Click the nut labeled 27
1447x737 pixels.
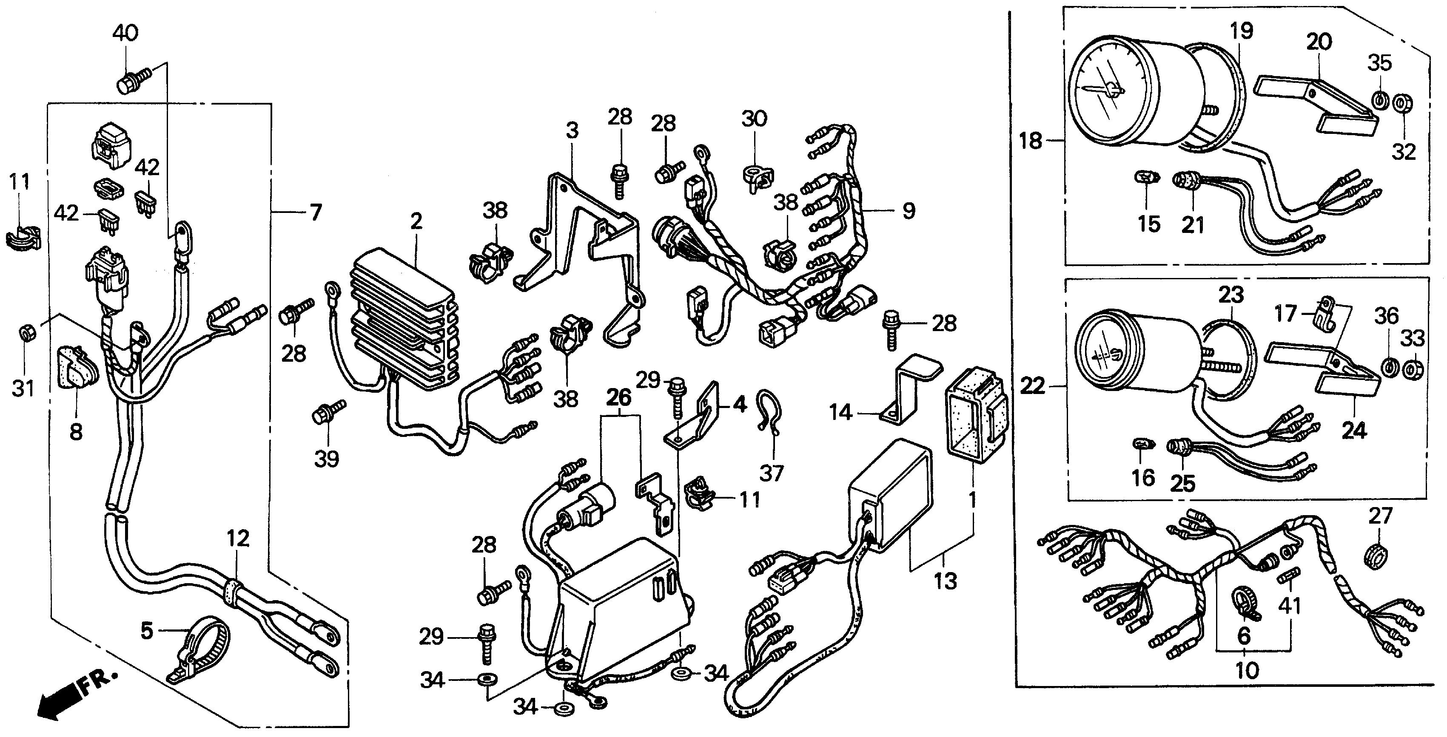click(1376, 556)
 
